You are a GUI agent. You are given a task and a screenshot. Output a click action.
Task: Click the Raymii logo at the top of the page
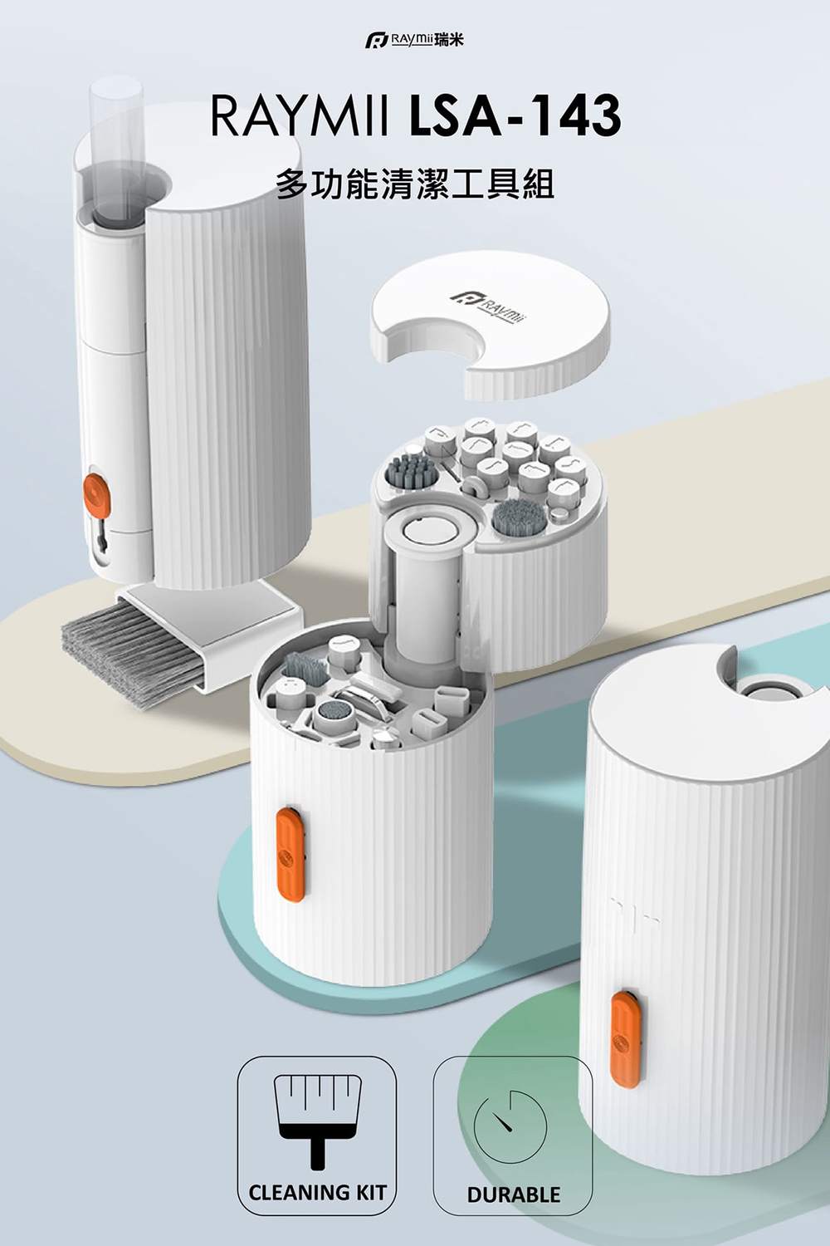click(414, 40)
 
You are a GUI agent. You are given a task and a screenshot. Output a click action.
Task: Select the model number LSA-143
click(515, 117)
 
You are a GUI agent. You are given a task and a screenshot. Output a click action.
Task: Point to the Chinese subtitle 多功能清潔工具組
click(415, 184)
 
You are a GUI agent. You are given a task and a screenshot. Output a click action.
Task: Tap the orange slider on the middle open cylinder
click(290, 855)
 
